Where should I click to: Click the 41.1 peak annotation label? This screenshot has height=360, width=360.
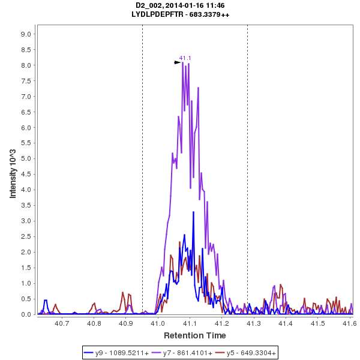pyautogui.click(x=185, y=58)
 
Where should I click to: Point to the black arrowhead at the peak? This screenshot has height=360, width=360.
pyautogui.click(x=178, y=62)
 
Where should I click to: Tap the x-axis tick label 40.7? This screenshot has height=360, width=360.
pyautogui.click(x=62, y=323)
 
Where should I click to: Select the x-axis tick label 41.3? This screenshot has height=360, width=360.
pyautogui.click(x=253, y=323)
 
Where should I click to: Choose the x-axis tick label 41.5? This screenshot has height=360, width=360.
pyautogui.click(x=317, y=323)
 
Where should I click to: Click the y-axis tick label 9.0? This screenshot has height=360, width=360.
pyautogui.click(x=26, y=34)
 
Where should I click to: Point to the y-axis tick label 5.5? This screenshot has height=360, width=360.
pyautogui.click(x=26, y=143)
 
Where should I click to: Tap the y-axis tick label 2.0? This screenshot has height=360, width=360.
pyautogui.click(x=26, y=252)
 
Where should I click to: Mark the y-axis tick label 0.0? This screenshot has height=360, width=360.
pyautogui.click(x=26, y=314)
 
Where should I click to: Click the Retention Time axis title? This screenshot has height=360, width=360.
pyautogui.click(x=195, y=335)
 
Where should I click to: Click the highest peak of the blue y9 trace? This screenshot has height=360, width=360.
pyautogui.click(x=193, y=212)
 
